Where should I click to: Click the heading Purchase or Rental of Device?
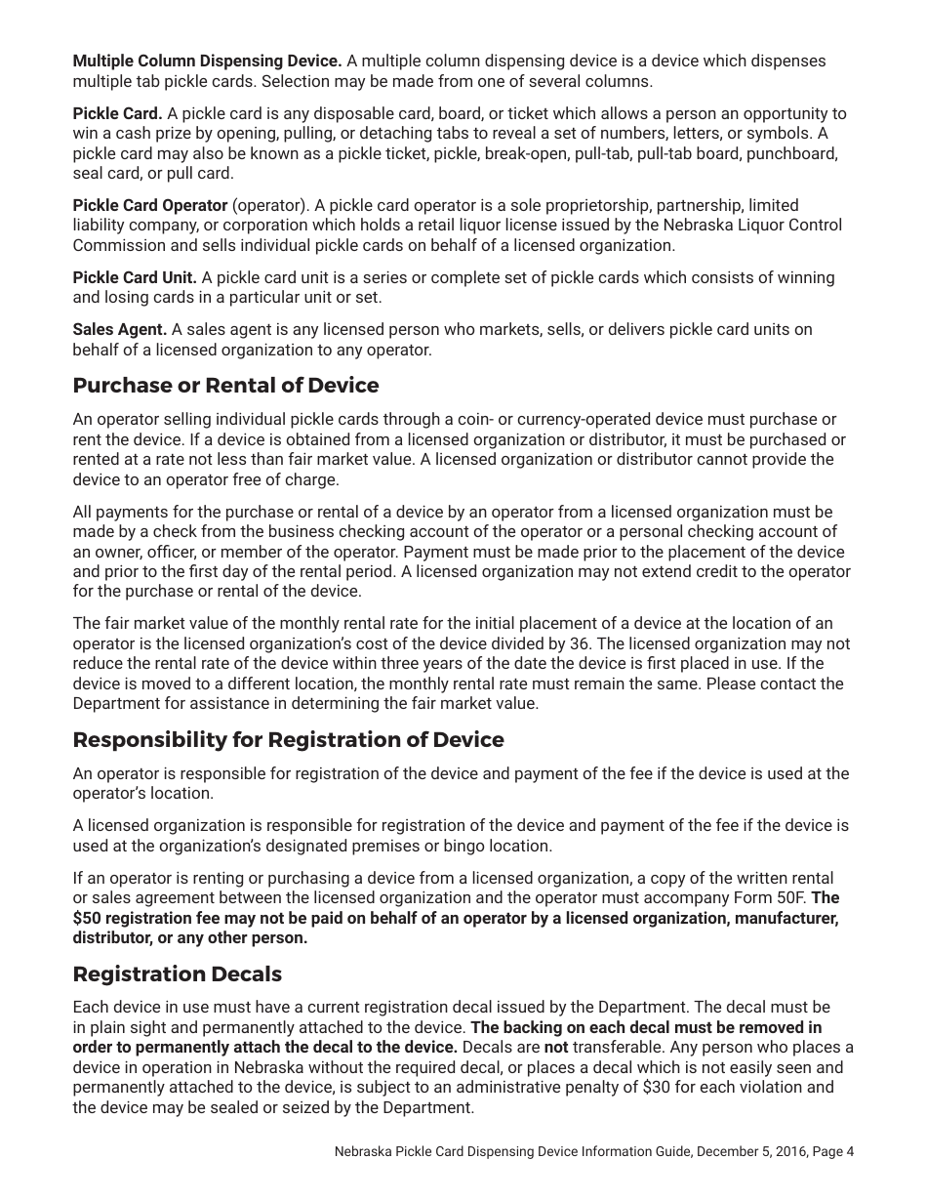pos(225,386)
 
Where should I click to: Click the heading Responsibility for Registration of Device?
pos(288,740)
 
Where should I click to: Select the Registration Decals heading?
pos(177,974)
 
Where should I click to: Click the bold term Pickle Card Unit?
pos(135,277)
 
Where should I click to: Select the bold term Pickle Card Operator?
pos(149,205)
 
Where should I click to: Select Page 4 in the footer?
pos(832,1151)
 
